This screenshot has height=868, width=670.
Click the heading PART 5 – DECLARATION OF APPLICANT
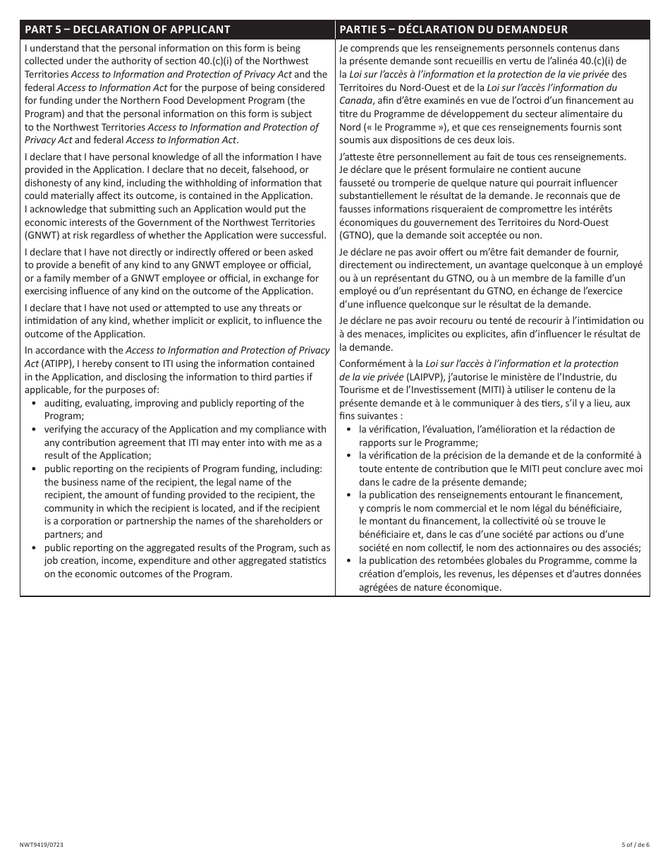128,30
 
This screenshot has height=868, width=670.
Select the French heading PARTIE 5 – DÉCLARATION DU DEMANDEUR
453,30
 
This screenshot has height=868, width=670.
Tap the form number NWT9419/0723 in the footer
44,845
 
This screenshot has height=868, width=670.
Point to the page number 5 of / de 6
635,845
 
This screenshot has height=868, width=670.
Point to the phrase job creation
73,561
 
